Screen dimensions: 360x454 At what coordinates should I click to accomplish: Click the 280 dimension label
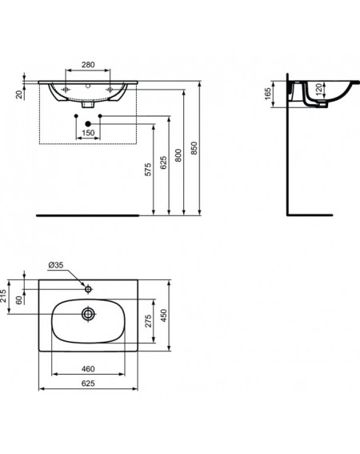(x=88, y=65)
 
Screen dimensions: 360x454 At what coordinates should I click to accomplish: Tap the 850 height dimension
(x=194, y=148)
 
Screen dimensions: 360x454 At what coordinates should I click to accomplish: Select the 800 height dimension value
(x=178, y=155)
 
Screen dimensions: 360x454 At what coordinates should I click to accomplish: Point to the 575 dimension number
(x=148, y=170)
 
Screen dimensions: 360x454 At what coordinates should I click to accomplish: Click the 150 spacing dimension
(x=88, y=133)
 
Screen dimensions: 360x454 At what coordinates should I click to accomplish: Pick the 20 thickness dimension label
(x=19, y=94)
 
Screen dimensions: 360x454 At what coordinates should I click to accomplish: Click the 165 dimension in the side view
(x=268, y=94)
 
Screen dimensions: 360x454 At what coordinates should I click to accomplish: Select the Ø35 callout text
(x=56, y=265)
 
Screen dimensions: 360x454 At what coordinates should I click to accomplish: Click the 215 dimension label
(x=3, y=296)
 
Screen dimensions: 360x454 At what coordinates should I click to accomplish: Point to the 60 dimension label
(x=19, y=300)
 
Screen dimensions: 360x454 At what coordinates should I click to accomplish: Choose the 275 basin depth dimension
(x=148, y=321)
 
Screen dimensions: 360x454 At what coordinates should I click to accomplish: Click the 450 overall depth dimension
(x=164, y=315)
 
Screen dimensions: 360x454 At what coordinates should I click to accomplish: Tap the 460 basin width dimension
(x=88, y=368)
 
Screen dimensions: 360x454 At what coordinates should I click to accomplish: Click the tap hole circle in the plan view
(x=88, y=289)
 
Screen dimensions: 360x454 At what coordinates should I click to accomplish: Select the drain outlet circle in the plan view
(x=88, y=314)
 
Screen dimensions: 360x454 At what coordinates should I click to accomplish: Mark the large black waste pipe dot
(x=88, y=124)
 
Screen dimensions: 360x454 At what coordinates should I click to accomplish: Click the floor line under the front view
(x=88, y=215)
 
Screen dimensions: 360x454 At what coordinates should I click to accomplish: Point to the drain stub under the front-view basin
(x=88, y=104)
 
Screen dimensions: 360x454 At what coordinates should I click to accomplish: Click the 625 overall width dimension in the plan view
(x=88, y=384)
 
